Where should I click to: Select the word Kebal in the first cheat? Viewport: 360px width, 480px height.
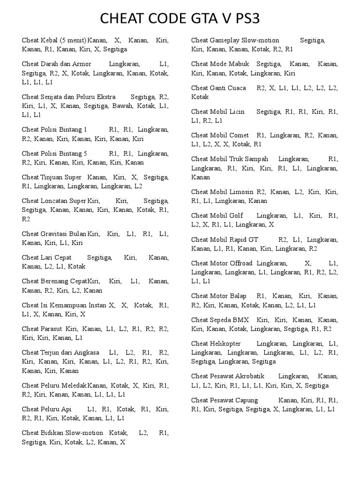(x=49, y=40)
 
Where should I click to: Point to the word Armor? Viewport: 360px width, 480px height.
(x=82, y=64)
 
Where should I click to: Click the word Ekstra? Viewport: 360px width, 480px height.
(x=105, y=97)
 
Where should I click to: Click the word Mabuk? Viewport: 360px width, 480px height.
(x=240, y=64)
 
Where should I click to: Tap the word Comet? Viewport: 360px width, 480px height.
(x=239, y=135)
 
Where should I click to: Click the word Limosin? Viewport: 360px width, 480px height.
(x=242, y=192)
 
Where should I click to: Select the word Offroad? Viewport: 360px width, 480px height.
(x=241, y=263)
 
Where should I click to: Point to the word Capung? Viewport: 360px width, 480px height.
(x=247, y=400)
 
